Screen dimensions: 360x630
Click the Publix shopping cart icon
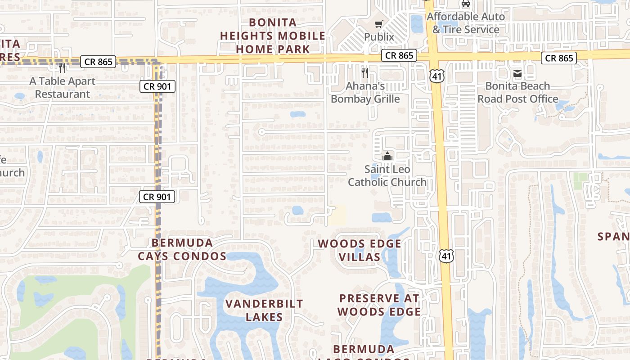(x=378, y=24)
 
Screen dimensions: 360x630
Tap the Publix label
(x=379, y=37)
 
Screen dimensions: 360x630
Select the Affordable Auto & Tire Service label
(x=466, y=23)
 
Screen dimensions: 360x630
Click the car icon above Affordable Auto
(x=466, y=4)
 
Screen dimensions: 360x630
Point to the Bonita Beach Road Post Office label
(x=517, y=92)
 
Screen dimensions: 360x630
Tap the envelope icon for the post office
(x=517, y=73)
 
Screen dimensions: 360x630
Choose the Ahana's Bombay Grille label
(x=365, y=92)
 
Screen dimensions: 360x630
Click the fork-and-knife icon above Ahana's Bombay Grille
(x=365, y=72)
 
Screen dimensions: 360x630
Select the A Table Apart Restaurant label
(x=63, y=88)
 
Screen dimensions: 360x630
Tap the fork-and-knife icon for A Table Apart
(x=62, y=68)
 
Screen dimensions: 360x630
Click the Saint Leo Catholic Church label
(x=387, y=175)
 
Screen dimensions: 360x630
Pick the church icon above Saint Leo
(x=387, y=157)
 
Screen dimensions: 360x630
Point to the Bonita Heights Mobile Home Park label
(x=273, y=36)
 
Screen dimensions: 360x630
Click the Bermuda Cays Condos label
(x=182, y=250)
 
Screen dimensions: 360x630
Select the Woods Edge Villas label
(x=359, y=250)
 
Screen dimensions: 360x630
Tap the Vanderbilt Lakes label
(x=264, y=310)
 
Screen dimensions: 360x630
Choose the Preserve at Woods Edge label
(x=379, y=305)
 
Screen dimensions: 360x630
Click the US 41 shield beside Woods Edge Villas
(x=445, y=256)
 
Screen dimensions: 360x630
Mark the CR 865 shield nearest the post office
(x=559, y=58)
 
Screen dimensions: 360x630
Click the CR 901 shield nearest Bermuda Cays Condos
(x=157, y=197)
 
